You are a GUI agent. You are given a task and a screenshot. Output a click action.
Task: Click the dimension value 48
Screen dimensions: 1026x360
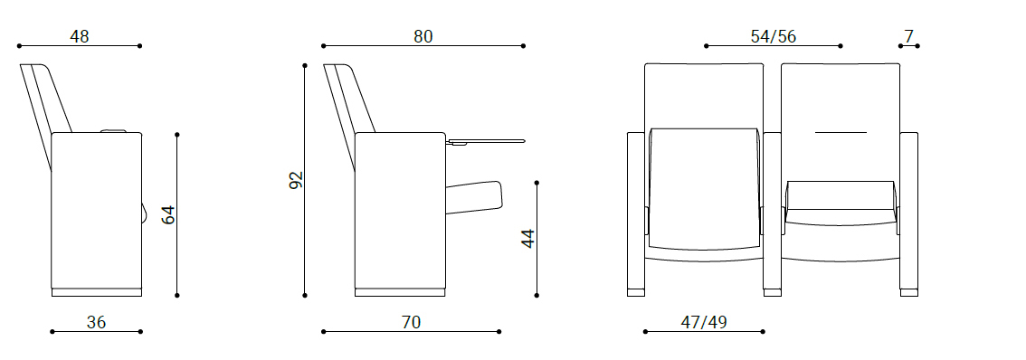click(80, 37)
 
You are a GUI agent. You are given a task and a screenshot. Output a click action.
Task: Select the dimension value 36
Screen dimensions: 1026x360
click(96, 322)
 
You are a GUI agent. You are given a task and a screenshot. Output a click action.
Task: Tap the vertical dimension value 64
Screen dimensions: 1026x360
click(169, 214)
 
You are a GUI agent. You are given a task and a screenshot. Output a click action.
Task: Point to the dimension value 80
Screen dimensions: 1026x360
click(423, 37)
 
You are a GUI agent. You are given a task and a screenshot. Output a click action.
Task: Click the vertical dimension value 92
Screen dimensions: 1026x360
click(296, 180)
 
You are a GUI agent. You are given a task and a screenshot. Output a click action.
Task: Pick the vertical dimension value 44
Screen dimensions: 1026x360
click(528, 238)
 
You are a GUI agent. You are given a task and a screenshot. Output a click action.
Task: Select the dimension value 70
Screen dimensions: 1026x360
click(412, 322)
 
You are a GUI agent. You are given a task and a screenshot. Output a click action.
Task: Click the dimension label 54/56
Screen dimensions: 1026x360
click(774, 37)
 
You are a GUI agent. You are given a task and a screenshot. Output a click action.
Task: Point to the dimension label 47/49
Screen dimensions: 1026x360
click(703, 322)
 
